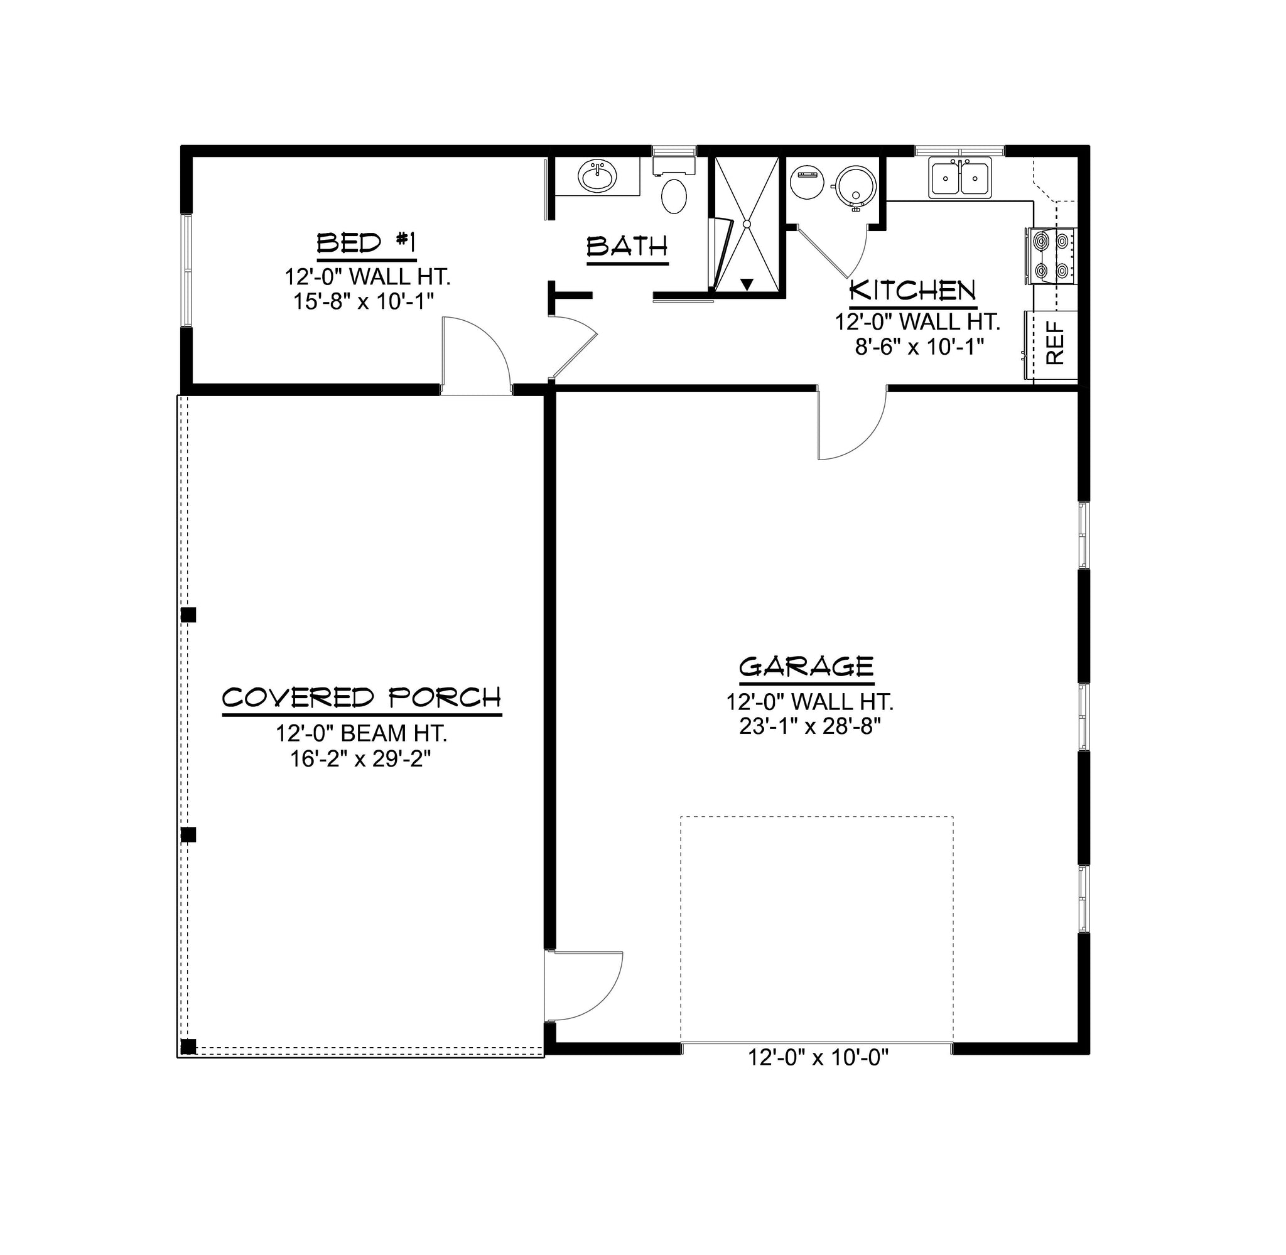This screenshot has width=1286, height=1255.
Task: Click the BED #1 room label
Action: [367, 243]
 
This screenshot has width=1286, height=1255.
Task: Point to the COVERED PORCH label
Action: [362, 698]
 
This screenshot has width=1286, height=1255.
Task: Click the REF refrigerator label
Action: [1056, 343]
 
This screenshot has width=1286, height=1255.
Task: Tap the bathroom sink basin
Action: [598, 176]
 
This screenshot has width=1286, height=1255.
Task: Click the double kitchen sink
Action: [959, 177]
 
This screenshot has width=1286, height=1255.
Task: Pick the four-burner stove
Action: [1051, 256]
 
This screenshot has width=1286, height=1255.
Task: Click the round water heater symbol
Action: [856, 185]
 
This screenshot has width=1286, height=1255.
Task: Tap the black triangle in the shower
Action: [746, 285]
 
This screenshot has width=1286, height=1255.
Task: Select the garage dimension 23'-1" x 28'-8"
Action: [810, 727]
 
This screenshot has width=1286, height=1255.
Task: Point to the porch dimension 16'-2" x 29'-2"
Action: [360, 759]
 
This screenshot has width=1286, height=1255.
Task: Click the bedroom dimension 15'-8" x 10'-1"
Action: [363, 301]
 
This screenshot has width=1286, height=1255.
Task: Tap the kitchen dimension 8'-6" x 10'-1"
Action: [919, 346]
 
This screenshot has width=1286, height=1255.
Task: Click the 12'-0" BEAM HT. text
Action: [362, 733]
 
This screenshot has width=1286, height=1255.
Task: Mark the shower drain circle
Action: [747, 224]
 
